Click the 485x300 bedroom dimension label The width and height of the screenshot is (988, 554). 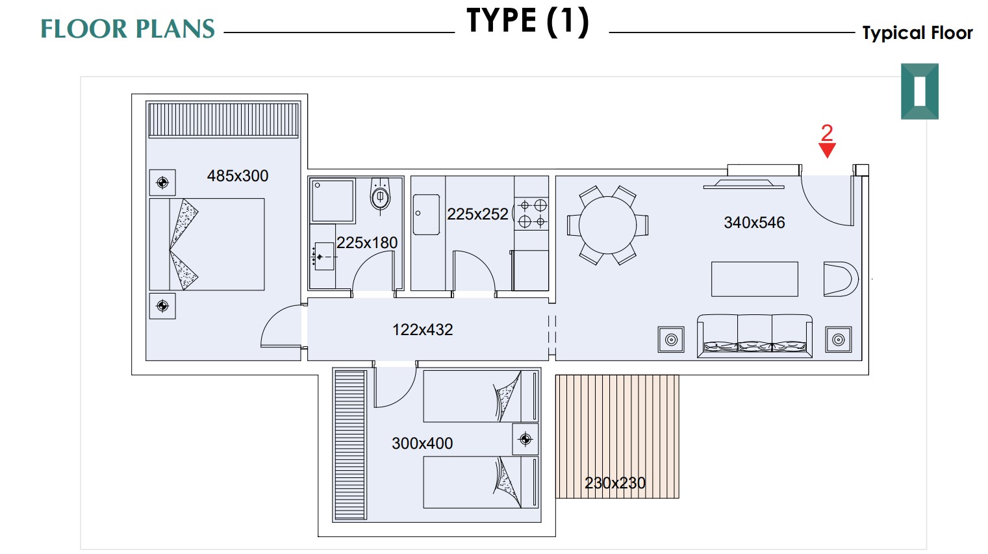(x=238, y=176)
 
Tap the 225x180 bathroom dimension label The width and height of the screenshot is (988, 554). (x=367, y=243)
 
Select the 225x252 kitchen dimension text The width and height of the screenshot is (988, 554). (x=477, y=214)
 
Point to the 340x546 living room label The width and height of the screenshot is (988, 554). (x=754, y=223)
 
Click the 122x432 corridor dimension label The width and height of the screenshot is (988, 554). (x=422, y=330)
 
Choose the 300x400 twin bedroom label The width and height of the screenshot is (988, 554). (x=422, y=444)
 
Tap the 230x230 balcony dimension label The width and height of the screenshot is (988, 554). (x=615, y=483)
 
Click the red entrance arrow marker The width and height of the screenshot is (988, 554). (x=827, y=150)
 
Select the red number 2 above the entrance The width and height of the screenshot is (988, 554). (x=827, y=132)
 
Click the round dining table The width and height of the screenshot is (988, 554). (x=607, y=225)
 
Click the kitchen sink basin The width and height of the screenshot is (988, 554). (x=426, y=214)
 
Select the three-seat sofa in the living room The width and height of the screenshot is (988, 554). (x=754, y=336)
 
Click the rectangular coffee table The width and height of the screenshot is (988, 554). (x=755, y=279)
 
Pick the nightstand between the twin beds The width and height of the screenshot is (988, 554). (x=526, y=439)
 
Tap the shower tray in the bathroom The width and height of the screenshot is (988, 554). (x=333, y=201)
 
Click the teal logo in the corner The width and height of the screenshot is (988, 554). (x=920, y=92)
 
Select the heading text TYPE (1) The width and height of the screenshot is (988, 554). (x=528, y=21)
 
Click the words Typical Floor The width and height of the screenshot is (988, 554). (x=917, y=33)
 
